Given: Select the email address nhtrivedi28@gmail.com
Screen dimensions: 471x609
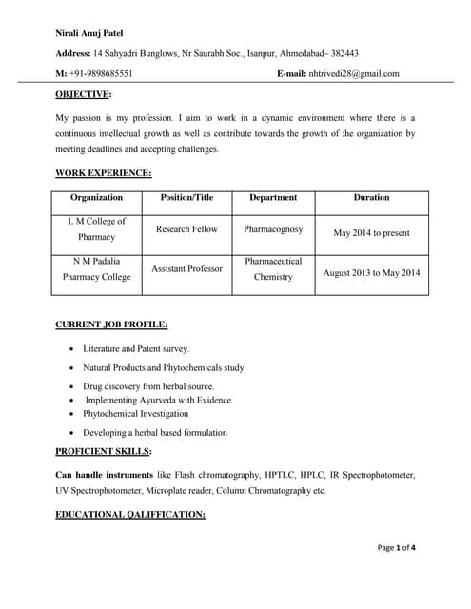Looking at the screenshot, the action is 354,73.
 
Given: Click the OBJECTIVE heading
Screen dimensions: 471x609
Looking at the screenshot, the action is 83,95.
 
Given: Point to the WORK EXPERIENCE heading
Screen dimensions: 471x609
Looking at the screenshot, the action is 103,173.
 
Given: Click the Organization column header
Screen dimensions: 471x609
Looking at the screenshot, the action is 96,198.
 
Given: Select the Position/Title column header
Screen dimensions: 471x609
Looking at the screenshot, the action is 186,198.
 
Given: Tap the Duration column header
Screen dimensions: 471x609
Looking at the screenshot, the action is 371,198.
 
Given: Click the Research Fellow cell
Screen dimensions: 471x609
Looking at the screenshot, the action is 186,229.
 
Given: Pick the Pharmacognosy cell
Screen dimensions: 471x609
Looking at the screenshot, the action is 273,229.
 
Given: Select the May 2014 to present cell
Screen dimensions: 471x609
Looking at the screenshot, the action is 371,232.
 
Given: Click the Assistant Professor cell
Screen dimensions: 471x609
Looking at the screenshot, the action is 186,269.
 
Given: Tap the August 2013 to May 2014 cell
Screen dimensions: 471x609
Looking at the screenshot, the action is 371,273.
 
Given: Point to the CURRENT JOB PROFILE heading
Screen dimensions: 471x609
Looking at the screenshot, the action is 111,325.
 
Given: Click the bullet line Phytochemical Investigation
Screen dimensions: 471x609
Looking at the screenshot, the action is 135,414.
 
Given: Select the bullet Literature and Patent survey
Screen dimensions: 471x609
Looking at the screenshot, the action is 136,349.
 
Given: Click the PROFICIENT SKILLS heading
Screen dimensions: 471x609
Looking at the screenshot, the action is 103,451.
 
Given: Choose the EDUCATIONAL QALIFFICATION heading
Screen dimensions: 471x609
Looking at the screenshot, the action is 130,515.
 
